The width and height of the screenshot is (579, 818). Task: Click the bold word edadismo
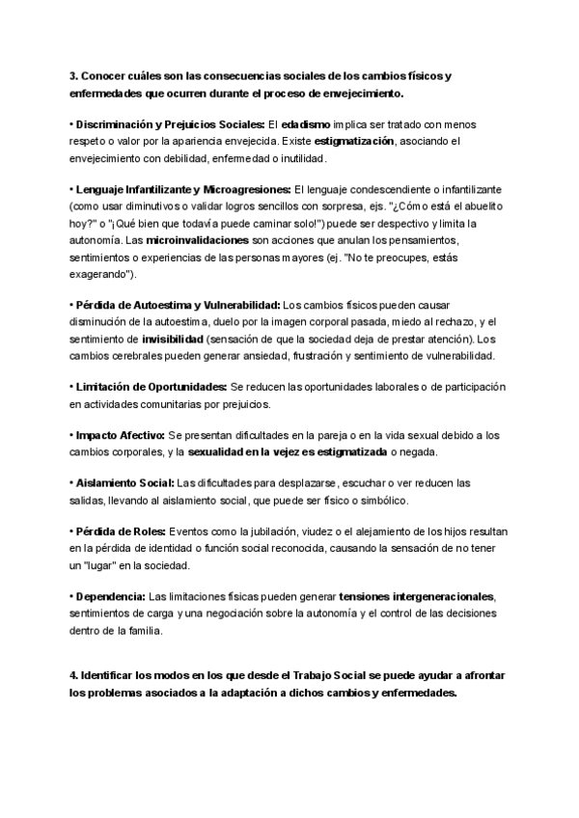coord(305,125)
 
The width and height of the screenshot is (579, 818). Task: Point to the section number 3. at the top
coord(73,76)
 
